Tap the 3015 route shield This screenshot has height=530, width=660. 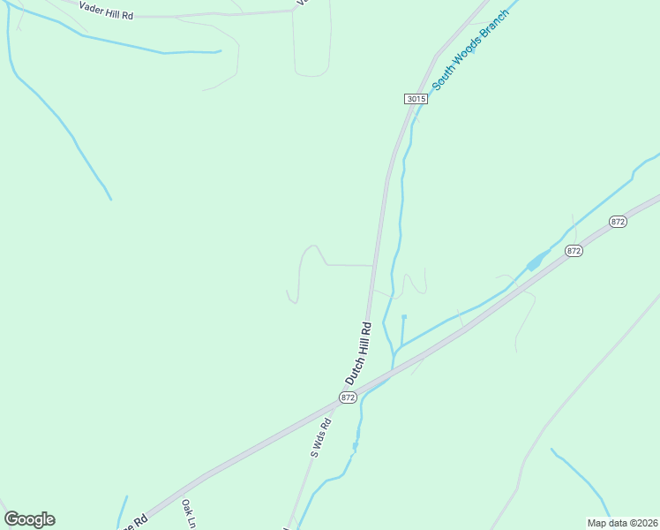[x=416, y=99]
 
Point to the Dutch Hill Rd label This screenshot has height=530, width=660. [x=358, y=352]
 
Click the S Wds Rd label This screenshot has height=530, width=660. [x=320, y=436]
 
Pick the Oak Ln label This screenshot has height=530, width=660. [x=188, y=513]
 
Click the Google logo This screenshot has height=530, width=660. [x=29, y=519]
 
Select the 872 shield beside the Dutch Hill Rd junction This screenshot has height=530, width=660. [x=348, y=398]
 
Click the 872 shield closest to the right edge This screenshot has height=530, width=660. [x=618, y=222]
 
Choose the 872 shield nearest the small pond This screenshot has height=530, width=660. [x=574, y=251]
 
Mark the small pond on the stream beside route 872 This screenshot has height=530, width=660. [x=534, y=263]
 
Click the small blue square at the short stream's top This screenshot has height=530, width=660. [x=403, y=316]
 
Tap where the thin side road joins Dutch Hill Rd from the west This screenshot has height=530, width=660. [x=372, y=265]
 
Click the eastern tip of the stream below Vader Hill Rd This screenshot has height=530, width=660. [x=219, y=51]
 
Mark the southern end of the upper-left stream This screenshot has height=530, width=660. [x=111, y=199]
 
